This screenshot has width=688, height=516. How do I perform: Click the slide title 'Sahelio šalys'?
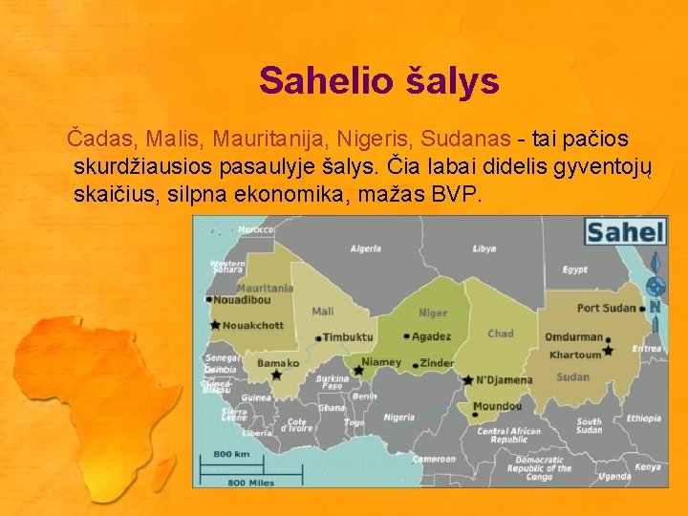tap(378, 81)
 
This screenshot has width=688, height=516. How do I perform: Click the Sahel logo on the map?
tap(625, 231)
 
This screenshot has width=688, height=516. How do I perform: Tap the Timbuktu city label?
tap(347, 337)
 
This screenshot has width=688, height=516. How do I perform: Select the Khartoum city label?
tap(574, 355)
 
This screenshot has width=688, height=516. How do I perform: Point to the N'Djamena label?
tap(504, 379)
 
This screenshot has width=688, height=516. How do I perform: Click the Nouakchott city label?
tap(252, 325)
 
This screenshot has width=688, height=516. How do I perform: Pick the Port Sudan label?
tap(606, 308)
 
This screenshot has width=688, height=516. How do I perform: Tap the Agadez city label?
tap(431, 336)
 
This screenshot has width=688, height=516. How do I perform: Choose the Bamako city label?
tap(278, 363)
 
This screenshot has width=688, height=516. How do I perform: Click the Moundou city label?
tap(497, 406)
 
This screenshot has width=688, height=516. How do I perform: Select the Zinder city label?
tap(437, 364)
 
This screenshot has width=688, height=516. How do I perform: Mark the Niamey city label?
tap(381, 362)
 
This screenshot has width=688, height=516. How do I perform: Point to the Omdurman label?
tap(573, 337)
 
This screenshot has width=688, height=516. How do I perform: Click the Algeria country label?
tap(365, 248)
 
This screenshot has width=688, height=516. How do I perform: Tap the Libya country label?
tap(484, 248)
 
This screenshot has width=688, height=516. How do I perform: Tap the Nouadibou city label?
tap(242, 299)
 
